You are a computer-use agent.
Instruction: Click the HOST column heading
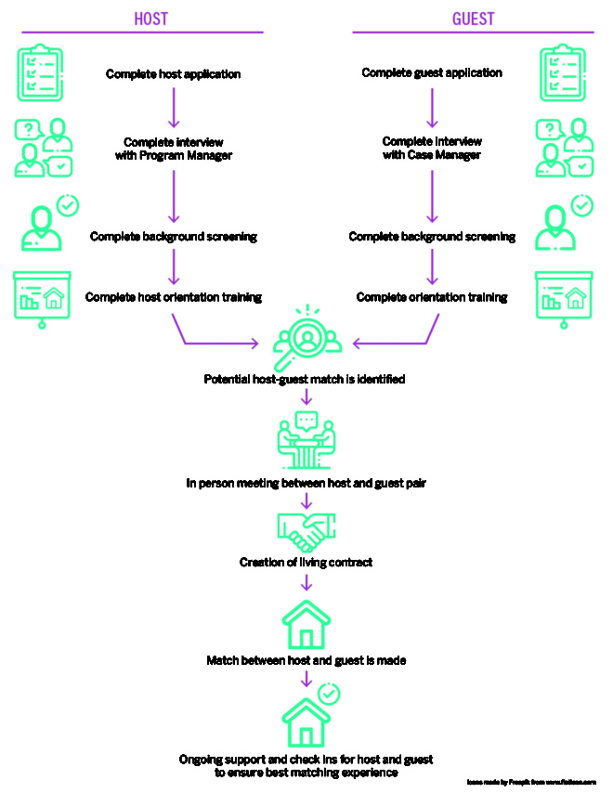(x=151, y=19)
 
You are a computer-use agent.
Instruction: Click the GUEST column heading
(x=474, y=19)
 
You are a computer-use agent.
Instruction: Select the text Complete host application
(x=174, y=73)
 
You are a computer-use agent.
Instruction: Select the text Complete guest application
(x=432, y=72)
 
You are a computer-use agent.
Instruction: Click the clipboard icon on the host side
(x=41, y=74)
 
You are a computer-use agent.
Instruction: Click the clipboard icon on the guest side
(x=566, y=74)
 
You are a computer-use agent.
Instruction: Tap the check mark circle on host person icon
(x=68, y=204)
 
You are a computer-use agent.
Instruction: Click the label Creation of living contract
(x=306, y=562)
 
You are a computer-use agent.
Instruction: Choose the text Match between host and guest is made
(x=306, y=661)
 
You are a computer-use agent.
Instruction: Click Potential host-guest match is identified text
(x=305, y=379)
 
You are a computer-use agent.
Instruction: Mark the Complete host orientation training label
(x=174, y=297)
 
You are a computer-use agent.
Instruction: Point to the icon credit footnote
(x=530, y=783)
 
